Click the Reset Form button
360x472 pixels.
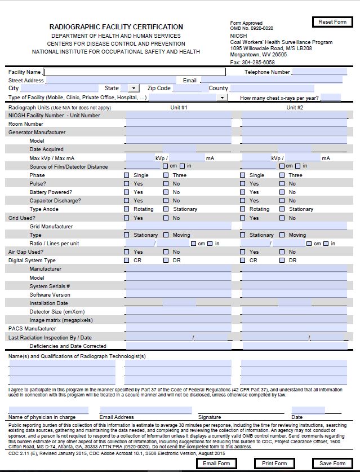coord(332,22)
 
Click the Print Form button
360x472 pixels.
coord(274,464)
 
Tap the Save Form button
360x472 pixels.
coord(332,464)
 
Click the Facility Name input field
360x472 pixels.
coord(135,72)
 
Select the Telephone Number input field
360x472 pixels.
coord(319,72)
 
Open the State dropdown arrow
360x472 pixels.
coord(134,89)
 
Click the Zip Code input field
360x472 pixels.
coord(187,89)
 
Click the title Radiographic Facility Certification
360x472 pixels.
coord(116,27)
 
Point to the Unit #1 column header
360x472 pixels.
coord(179,107)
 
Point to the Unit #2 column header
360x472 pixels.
coord(295,107)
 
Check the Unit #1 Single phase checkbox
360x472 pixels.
coord(127,175)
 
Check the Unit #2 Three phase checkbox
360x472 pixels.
coord(282,175)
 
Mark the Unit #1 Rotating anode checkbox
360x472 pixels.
coord(127,209)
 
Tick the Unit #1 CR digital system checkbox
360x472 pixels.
coord(127,261)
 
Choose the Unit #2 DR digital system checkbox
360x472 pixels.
coord(282,261)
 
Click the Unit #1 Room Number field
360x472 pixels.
coord(178,124)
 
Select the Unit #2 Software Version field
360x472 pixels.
coord(295,295)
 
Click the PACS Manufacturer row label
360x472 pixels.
coord(32,329)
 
